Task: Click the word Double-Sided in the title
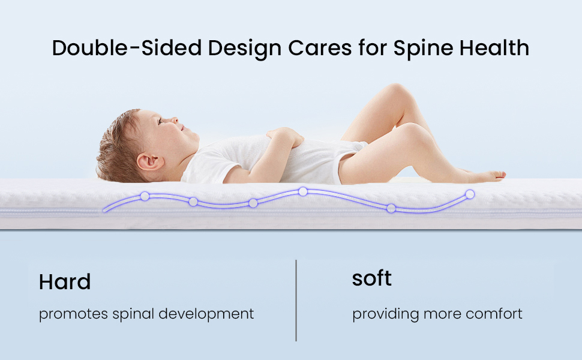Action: [x=127, y=48]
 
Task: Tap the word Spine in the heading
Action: [x=423, y=49]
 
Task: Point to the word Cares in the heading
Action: [x=320, y=48]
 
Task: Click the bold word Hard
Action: [x=65, y=281]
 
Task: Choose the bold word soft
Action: [x=371, y=278]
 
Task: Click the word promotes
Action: [x=73, y=314]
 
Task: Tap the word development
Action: [x=206, y=314]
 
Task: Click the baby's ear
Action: [x=149, y=161]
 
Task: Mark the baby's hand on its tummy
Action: [x=285, y=136]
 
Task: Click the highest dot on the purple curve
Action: [x=303, y=191]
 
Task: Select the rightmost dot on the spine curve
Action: [x=470, y=194]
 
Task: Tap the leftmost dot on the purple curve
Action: [x=145, y=196]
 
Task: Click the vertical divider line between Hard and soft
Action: [x=296, y=300]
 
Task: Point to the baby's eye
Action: [x=160, y=121]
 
